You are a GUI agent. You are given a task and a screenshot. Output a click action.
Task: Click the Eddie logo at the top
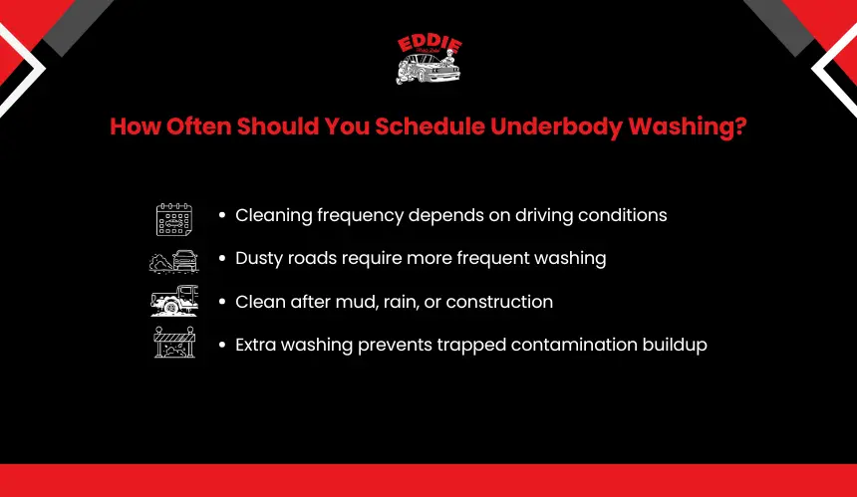pyautogui.click(x=429, y=59)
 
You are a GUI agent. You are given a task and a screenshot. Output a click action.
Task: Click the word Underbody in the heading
pyautogui.click(x=556, y=126)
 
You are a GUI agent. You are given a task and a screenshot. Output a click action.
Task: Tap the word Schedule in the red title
pyautogui.click(x=429, y=126)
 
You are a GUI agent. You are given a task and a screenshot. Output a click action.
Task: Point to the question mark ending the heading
pyautogui.click(x=740, y=126)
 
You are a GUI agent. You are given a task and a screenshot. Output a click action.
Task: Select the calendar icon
pyautogui.click(x=173, y=219)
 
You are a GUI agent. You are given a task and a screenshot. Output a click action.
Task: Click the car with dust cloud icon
pyautogui.click(x=173, y=261)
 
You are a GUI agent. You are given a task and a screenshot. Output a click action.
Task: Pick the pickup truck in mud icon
pyautogui.click(x=174, y=301)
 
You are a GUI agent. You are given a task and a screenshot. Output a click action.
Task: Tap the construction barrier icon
pyautogui.click(x=174, y=343)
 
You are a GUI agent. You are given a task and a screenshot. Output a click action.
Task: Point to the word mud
pyautogui.click(x=357, y=302)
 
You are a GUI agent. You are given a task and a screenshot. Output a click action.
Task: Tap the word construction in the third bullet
pyautogui.click(x=499, y=302)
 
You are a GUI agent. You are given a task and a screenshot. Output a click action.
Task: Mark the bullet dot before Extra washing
pyautogui.click(x=222, y=345)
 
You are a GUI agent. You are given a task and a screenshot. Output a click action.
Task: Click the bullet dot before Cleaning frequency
pyautogui.click(x=222, y=215)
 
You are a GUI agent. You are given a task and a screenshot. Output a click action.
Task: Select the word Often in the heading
pyautogui.click(x=199, y=126)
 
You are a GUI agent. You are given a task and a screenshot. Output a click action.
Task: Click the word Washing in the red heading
pyautogui.click(x=681, y=126)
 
